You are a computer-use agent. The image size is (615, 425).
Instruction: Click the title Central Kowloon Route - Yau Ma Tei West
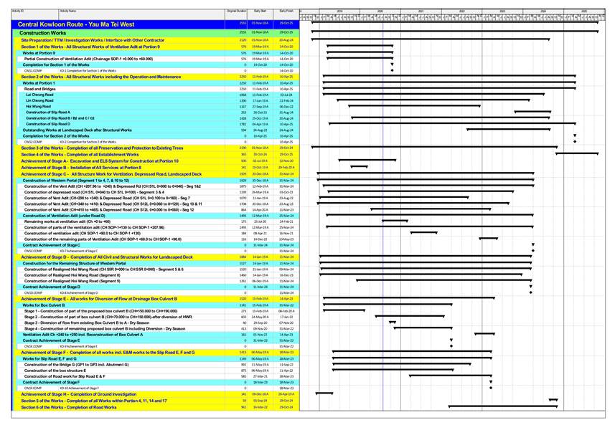coord(72,24)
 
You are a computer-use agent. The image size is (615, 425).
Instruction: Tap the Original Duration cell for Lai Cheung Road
coord(243,95)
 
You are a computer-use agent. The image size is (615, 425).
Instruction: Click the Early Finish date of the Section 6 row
coord(286,407)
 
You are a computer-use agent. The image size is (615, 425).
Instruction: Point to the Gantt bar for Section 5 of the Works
coord(553,400)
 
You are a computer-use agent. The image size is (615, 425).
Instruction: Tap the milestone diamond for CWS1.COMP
coord(392,71)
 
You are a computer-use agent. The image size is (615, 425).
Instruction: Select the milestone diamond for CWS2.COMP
coord(574,142)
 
